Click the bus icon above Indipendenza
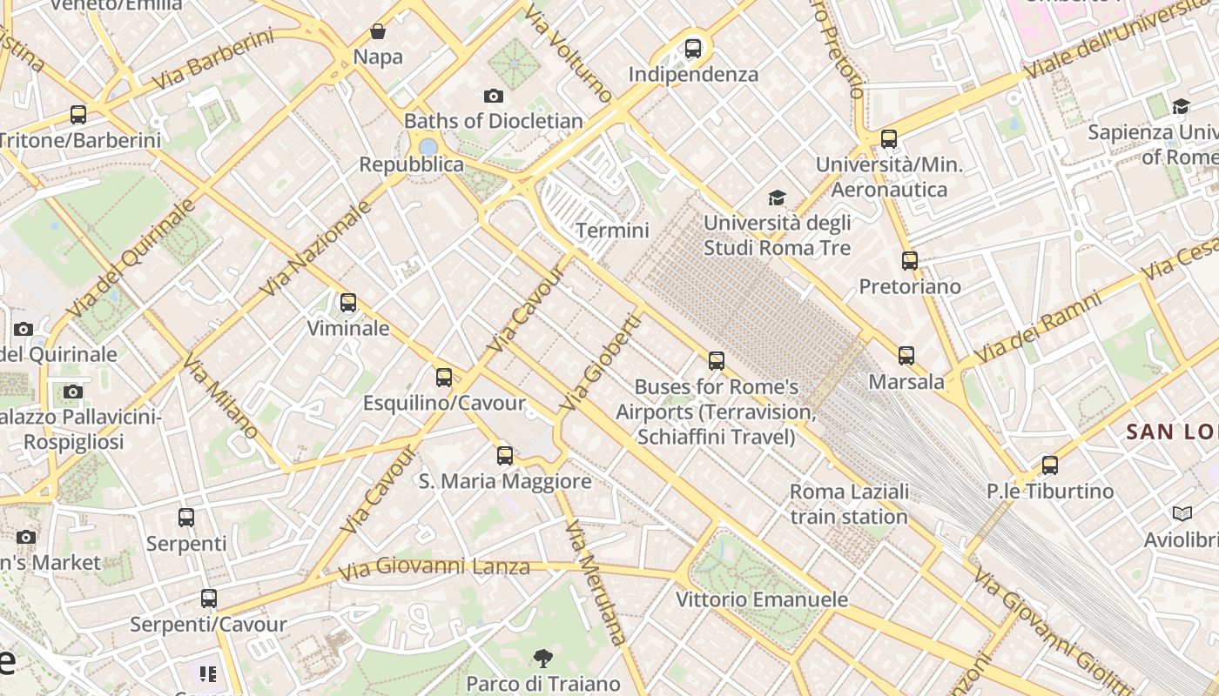pos(693,49)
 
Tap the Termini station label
pos(612,231)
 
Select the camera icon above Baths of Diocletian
pos(494,96)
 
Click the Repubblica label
pos(412,164)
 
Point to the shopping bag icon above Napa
pos(378,32)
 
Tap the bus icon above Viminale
pos(348,303)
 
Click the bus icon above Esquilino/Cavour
pos(444,378)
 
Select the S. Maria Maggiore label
pos(505,481)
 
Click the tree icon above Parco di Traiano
pos(543,658)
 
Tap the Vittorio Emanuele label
pos(762,599)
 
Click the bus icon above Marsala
pos(906,356)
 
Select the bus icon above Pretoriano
pos(910,261)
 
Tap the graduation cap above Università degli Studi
pos(777,198)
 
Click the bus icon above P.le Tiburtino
pos(1050,465)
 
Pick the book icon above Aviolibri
pos(1182,514)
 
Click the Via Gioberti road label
pos(601,363)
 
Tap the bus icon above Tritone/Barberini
pos(78,115)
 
